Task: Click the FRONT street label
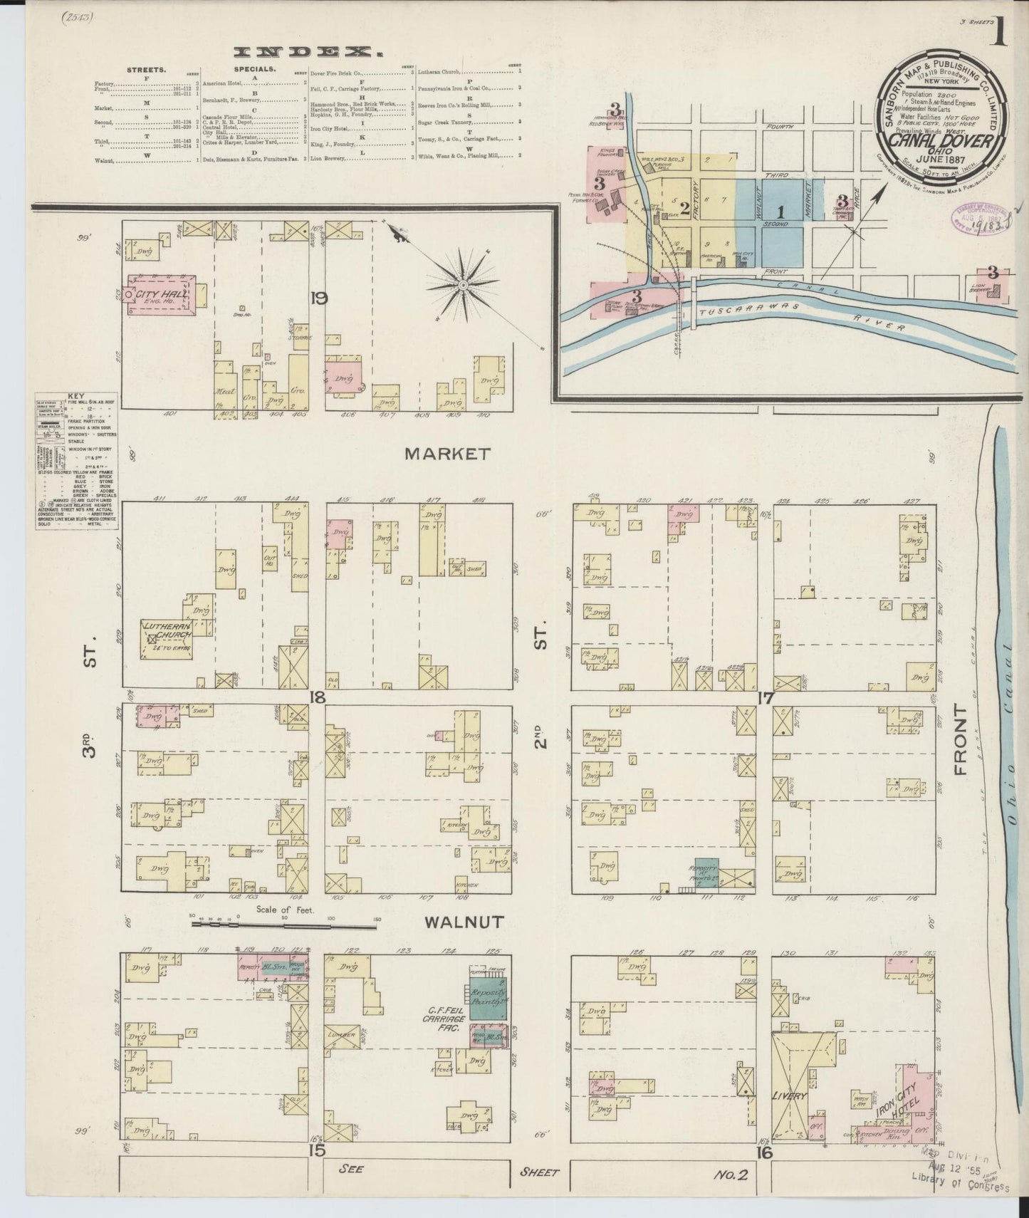(x=962, y=740)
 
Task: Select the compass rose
(x=463, y=285)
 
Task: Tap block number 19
(x=318, y=298)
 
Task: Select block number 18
(x=318, y=697)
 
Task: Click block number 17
(x=765, y=699)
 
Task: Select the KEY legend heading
(x=75, y=395)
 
